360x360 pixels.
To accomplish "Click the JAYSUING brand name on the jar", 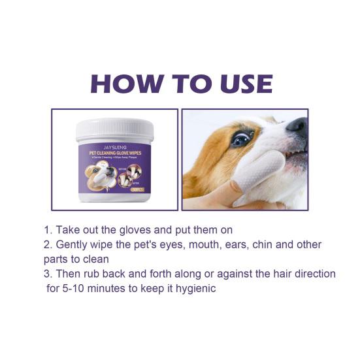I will click(x=114, y=148).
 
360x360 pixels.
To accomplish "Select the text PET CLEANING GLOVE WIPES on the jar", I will click(x=114, y=154).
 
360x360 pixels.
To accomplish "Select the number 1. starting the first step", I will click(x=48, y=231).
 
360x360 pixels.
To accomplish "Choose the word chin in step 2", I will click(x=267, y=245).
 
